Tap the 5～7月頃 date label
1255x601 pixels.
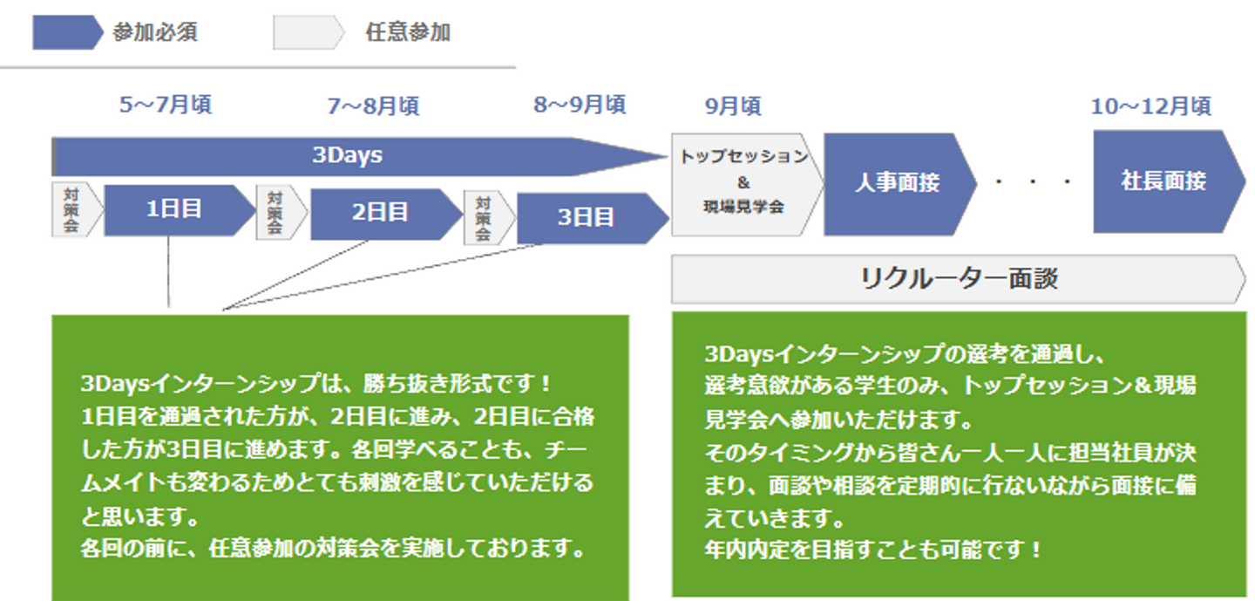[166, 106]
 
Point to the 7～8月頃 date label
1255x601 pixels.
[373, 106]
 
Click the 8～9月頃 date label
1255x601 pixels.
[580, 106]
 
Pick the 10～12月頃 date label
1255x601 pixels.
[1150, 106]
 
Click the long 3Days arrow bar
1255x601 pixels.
[349, 156]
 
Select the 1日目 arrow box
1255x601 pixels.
[174, 210]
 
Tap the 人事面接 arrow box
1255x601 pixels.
[898, 182]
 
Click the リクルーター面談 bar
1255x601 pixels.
[958, 278]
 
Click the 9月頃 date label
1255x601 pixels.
[733, 106]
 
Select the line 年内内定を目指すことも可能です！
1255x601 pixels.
[872, 550]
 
